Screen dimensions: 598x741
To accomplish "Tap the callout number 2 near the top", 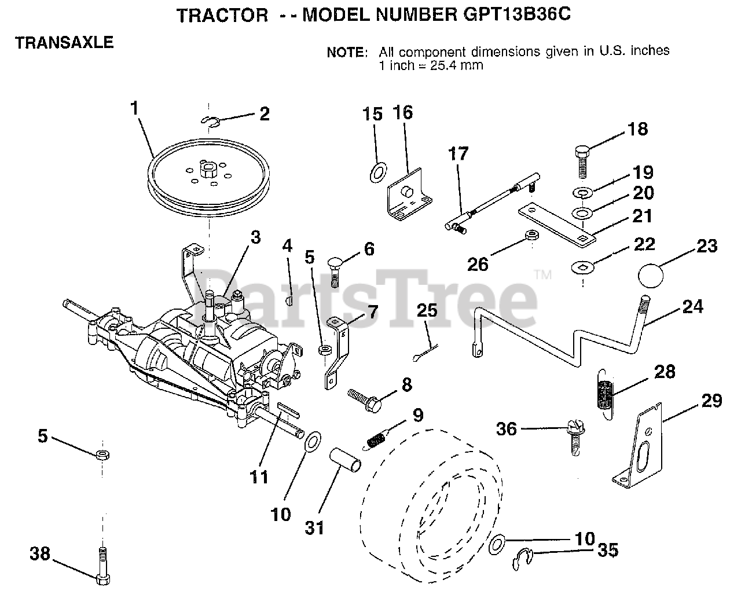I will (x=264, y=113).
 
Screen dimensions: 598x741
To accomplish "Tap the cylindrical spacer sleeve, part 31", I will (x=347, y=461).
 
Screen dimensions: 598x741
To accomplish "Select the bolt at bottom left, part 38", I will (x=104, y=564).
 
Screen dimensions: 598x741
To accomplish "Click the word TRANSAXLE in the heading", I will (x=64, y=42).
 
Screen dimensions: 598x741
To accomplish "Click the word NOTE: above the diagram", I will (x=347, y=52).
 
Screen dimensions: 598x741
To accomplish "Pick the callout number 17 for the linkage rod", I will (x=458, y=154).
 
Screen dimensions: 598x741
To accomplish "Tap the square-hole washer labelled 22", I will (x=580, y=267).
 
